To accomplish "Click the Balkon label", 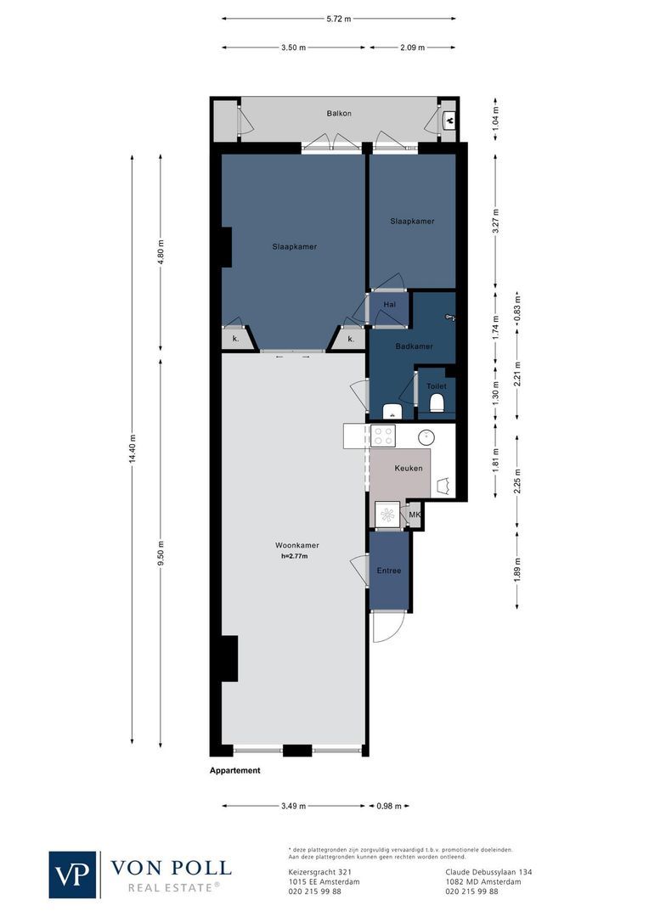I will (339, 113).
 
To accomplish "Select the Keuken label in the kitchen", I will (409, 468).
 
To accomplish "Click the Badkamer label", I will (414, 346).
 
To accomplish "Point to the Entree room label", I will (388, 571).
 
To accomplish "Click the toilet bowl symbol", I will (437, 402).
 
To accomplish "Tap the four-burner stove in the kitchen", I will (383, 436).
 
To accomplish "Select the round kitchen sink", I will (426, 437).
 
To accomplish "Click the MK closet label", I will (415, 515).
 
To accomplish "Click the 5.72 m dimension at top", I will (339, 18).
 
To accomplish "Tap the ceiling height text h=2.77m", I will (294, 557).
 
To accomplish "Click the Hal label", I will (390, 304).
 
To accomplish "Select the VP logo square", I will (73, 875).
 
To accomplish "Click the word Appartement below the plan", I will (235, 771).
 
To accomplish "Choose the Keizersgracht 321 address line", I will (315, 871).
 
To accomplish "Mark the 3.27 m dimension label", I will (496, 222).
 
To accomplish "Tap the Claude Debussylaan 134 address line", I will (488, 871).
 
